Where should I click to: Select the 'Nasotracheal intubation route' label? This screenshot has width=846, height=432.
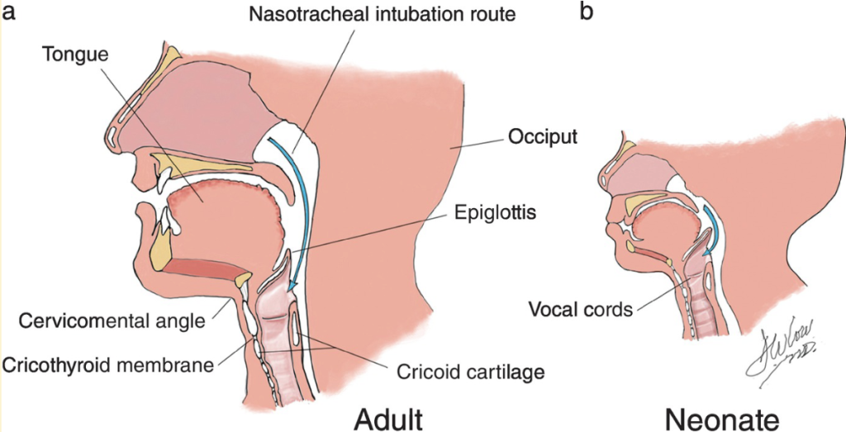[385, 15]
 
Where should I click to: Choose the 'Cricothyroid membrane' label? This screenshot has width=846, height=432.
[108, 363]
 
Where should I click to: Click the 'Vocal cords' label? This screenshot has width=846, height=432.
[581, 310]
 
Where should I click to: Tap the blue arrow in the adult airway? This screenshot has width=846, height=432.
[303, 198]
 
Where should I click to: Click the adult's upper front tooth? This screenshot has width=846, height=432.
[165, 178]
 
